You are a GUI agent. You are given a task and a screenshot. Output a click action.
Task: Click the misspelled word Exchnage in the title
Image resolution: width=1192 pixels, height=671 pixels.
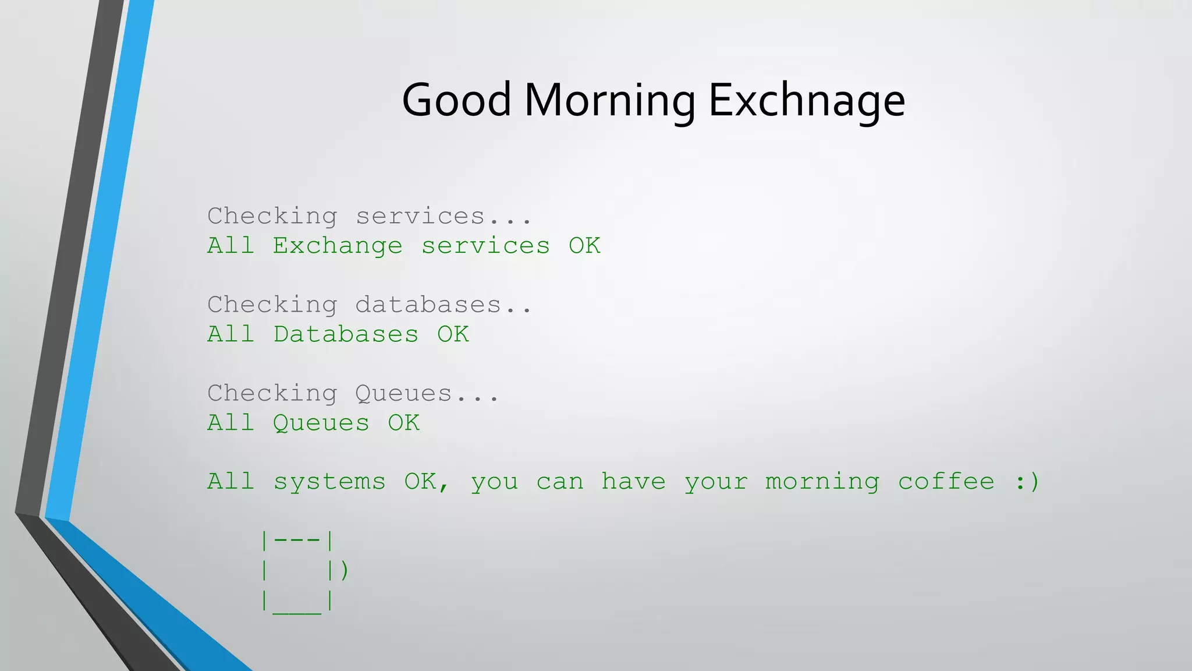(x=807, y=100)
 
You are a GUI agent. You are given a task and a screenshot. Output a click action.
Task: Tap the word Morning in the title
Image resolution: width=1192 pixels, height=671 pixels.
(x=609, y=100)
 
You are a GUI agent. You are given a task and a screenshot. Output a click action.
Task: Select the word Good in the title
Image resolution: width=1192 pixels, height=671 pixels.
(x=456, y=100)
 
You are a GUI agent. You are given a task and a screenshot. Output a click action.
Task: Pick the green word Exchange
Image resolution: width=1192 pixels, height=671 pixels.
(x=338, y=246)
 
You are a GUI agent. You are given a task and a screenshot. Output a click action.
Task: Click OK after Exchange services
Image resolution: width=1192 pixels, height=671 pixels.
(x=584, y=246)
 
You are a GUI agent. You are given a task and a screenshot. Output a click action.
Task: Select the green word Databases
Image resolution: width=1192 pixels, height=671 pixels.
(x=346, y=334)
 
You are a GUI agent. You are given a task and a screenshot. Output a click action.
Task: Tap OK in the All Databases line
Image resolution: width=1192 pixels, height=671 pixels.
(x=453, y=334)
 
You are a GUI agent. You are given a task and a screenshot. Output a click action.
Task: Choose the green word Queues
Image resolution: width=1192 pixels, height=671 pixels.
(x=321, y=423)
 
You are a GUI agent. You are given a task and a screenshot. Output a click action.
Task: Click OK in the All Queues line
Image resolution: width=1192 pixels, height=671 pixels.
(x=403, y=423)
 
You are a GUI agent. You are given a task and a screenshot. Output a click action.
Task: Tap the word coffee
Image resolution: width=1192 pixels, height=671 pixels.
(x=946, y=482)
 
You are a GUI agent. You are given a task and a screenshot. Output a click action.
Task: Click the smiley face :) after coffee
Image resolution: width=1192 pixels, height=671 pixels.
(x=1027, y=482)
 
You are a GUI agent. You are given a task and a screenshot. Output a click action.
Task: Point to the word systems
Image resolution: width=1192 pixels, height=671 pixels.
(x=329, y=482)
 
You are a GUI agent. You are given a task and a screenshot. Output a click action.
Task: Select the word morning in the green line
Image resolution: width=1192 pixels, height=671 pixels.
(x=822, y=482)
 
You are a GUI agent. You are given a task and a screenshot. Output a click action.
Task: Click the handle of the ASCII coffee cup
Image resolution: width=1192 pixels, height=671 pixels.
(x=345, y=570)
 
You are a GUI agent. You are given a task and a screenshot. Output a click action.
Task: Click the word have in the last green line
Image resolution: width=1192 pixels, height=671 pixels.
(x=633, y=482)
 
